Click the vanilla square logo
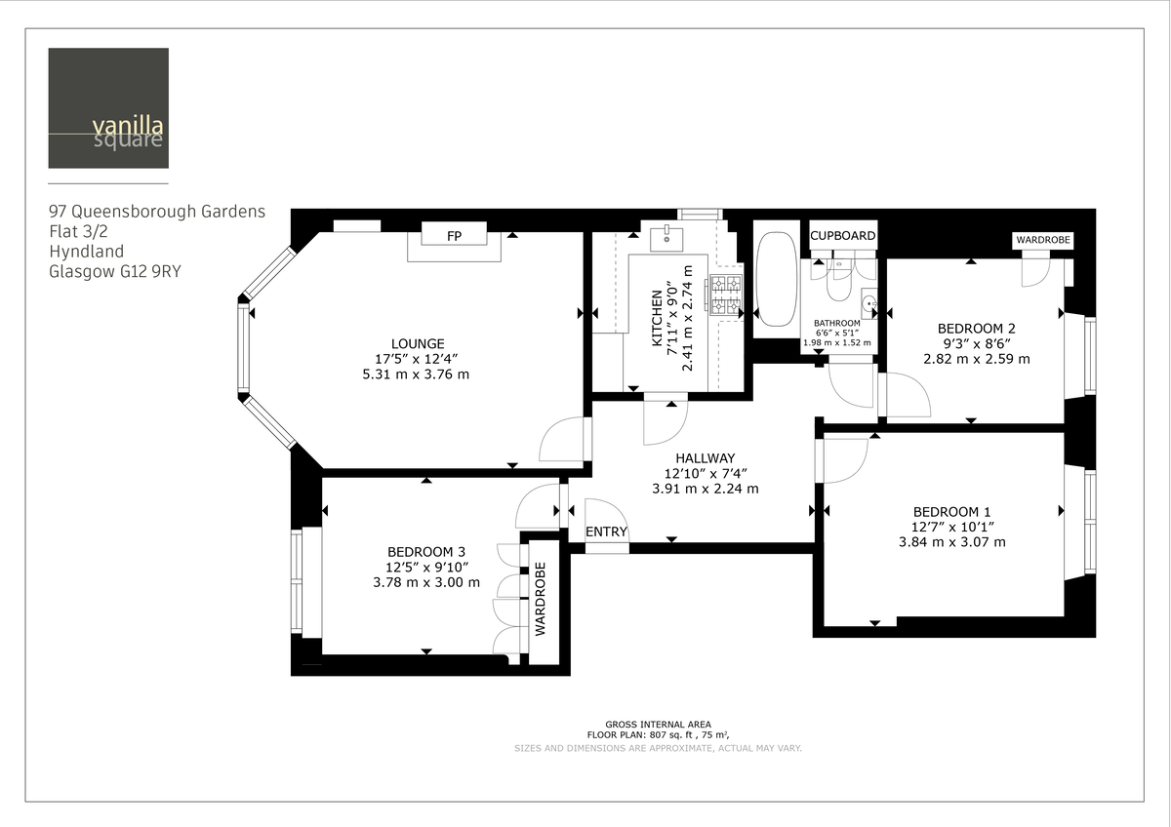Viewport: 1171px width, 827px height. [x=107, y=108]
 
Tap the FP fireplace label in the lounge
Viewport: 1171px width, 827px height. [x=454, y=237]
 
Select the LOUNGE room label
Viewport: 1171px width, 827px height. [x=418, y=343]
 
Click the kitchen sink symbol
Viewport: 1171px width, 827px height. [x=667, y=235]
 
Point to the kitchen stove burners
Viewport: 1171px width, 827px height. [x=725, y=295]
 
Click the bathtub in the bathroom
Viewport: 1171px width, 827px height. [x=777, y=280]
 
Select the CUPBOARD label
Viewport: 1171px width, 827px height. [x=843, y=236]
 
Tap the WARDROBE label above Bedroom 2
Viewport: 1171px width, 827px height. [x=1042, y=239]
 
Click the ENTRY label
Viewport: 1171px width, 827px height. [x=606, y=532]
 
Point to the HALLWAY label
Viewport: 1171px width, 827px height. [x=705, y=457]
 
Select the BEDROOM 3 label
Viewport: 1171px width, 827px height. [x=426, y=551]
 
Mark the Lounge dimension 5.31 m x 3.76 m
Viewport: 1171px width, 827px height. [x=417, y=374]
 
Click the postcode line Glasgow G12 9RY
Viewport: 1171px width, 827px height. [x=115, y=272]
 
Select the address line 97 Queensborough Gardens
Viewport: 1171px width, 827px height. [x=157, y=211]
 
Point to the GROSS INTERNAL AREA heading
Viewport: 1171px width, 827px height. [x=658, y=725]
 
